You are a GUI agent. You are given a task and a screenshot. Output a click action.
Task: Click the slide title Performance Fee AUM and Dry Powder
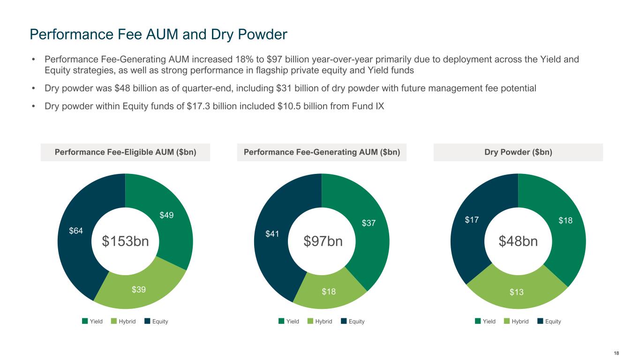(x=158, y=34)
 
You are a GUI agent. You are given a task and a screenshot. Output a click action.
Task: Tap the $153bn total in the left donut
(x=125, y=241)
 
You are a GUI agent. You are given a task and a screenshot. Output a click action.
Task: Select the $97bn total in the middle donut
(x=323, y=241)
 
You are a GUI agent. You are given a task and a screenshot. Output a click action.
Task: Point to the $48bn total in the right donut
(x=518, y=241)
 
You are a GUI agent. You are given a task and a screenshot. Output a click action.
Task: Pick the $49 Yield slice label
(x=167, y=215)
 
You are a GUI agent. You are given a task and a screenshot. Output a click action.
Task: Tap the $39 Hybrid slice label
(x=139, y=290)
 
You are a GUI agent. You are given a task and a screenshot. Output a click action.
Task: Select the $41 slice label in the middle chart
(x=272, y=233)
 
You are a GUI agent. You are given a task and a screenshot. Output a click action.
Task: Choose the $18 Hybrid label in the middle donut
(x=329, y=292)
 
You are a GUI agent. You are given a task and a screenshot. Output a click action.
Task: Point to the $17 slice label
(x=472, y=220)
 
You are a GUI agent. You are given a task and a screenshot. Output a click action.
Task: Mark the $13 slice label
(x=517, y=292)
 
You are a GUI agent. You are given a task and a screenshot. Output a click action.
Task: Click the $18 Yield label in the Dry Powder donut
(x=566, y=220)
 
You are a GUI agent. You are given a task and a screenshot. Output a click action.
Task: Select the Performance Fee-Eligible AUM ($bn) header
(x=125, y=152)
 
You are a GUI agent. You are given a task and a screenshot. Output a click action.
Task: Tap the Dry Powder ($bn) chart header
(x=518, y=152)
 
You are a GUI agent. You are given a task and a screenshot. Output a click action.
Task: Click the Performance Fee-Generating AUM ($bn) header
(x=322, y=152)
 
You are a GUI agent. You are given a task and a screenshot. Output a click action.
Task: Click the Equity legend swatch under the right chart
(x=541, y=321)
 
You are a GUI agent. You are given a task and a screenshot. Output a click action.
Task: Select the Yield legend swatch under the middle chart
(x=281, y=321)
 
